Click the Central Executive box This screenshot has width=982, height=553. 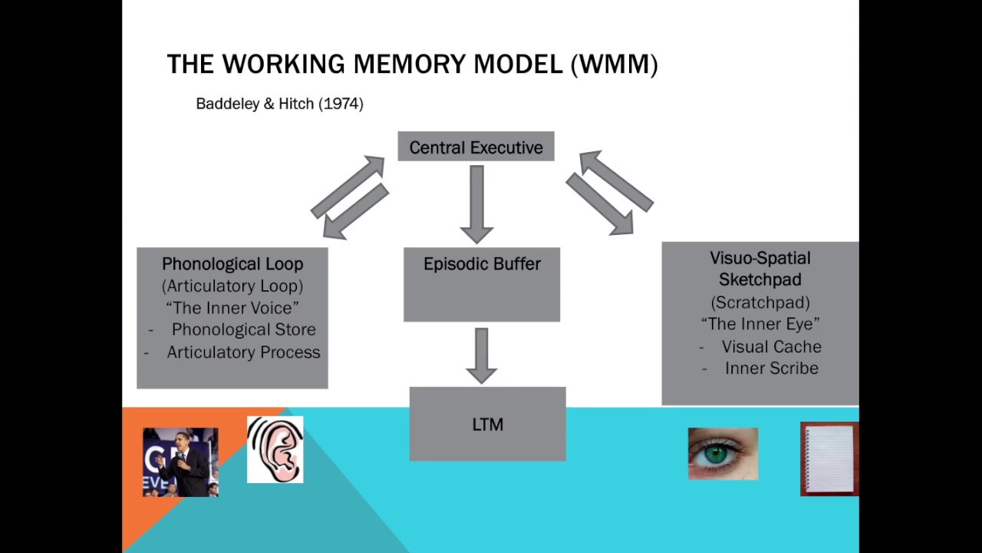tap(476, 147)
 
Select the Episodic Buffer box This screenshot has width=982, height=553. tap(482, 284)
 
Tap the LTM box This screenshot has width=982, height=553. tap(487, 424)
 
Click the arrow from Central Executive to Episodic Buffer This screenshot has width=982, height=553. tap(476, 204)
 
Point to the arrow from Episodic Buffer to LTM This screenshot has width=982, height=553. tap(481, 355)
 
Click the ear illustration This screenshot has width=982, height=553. tap(275, 449)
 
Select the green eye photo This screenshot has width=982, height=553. tap(723, 454)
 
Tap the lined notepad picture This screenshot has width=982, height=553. tap(829, 459)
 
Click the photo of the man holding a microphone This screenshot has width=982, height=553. tap(180, 462)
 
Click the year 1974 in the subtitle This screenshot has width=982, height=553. tap(341, 104)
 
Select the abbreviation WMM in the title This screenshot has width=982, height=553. tap(614, 65)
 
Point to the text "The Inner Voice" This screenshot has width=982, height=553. tap(232, 308)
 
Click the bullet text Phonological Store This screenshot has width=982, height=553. tap(243, 329)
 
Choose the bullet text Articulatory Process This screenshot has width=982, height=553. tap(243, 353)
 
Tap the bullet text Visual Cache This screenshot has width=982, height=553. tap(771, 346)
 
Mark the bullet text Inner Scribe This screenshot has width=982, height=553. tap(771, 369)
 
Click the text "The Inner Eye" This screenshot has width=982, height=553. tap(760, 323)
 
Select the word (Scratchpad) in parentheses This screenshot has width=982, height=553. tap(760, 302)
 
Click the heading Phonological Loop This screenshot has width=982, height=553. tap(232, 264)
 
